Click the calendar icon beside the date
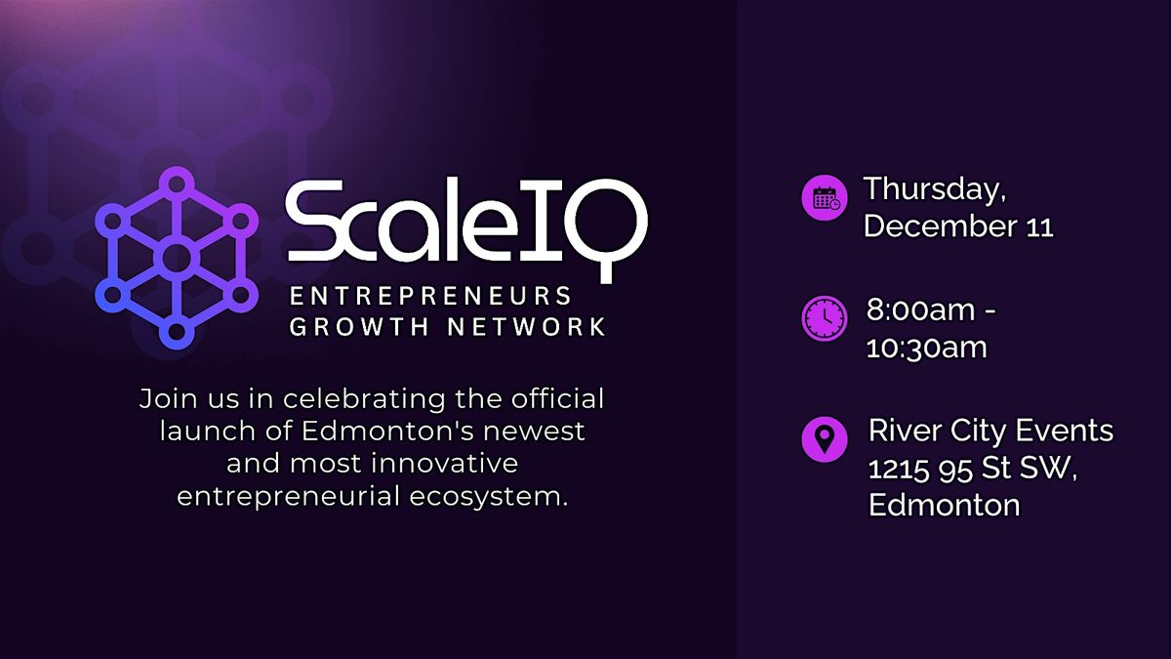[824, 198]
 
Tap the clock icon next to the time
[824, 319]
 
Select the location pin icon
[824, 438]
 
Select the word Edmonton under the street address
[944, 505]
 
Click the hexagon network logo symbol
[176, 258]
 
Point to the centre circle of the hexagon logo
[176, 258]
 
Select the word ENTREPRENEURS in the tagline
[429, 296]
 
